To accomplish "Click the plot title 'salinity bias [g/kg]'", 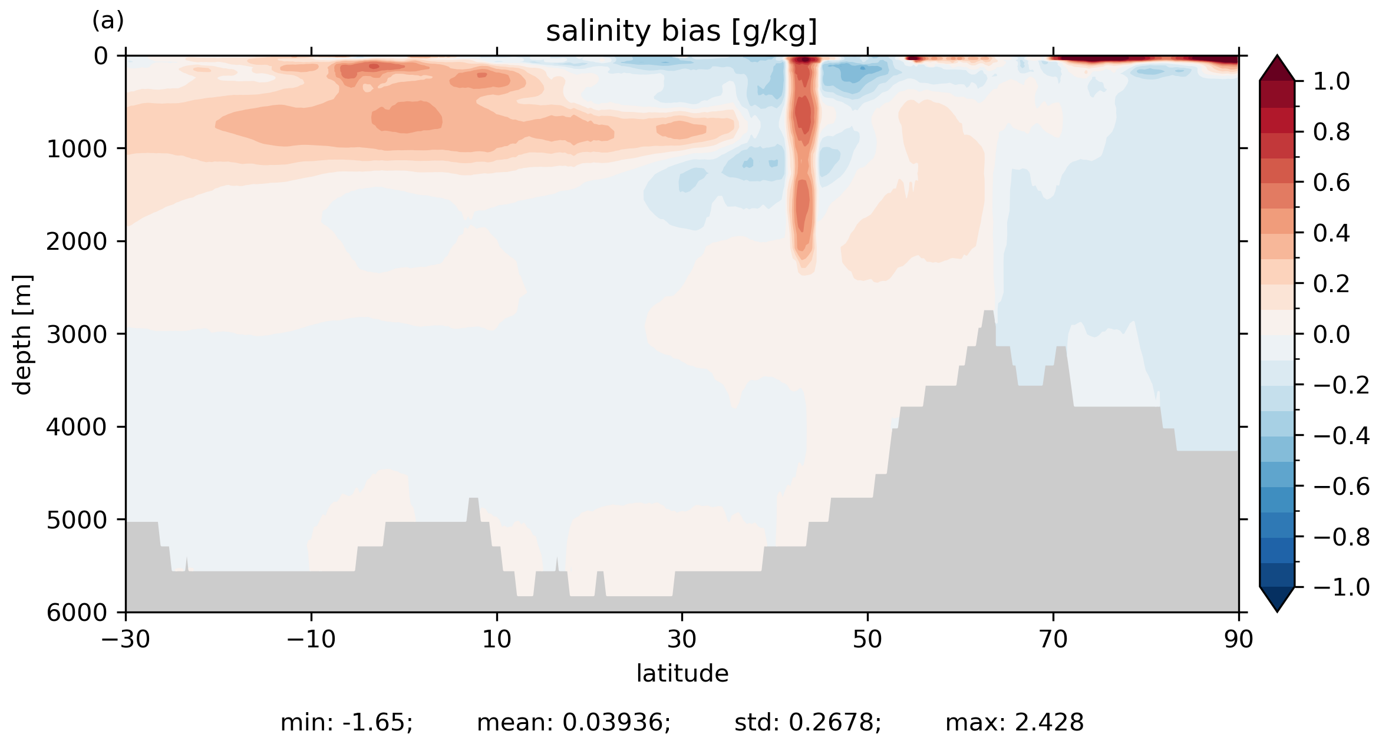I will pyautogui.click(x=681, y=31).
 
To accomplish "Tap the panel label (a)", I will pyautogui.click(x=108, y=21).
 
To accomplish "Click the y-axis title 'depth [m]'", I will pyautogui.click(x=22, y=334).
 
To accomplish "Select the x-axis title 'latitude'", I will pyautogui.click(x=682, y=673).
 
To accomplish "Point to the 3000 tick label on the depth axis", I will pyautogui.click(x=77, y=335).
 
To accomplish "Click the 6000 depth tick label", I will pyautogui.click(x=77, y=613).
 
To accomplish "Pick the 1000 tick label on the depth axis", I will pyautogui.click(x=77, y=149).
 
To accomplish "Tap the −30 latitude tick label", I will pyautogui.click(x=126, y=639).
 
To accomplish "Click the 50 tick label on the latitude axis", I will pyautogui.click(x=867, y=639).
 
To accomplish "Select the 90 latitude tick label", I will pyautogui.click(x=1238, y=639).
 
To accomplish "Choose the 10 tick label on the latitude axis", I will pyautogui.click(x=497, y=639).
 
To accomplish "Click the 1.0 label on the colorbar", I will pyautogui.click(x=1331, y=81).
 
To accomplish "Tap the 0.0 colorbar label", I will pyautogui.click(x=1331, y=335).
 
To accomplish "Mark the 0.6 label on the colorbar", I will pyautogui.click(x=1331, y=183).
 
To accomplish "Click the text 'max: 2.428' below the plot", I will pyautogui.click(x=1014, y=723).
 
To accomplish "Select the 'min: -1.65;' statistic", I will pyautogui.click(x=347, y=723).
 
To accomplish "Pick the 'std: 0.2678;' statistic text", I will pyautogui.click(x=807, y=723).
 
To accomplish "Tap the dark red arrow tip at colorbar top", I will pyautogui.click(x=1277, y=67).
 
